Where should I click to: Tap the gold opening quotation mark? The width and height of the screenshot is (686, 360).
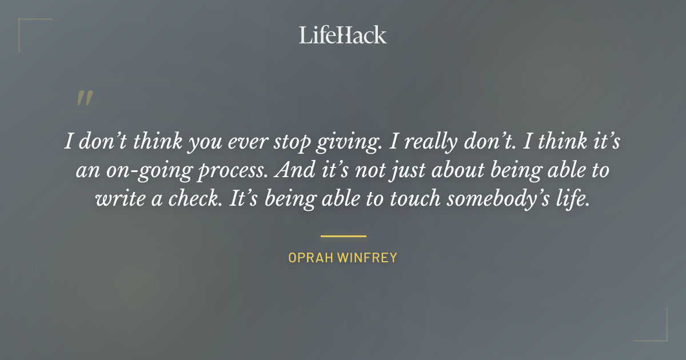85,99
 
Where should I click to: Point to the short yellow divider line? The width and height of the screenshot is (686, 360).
343,235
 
